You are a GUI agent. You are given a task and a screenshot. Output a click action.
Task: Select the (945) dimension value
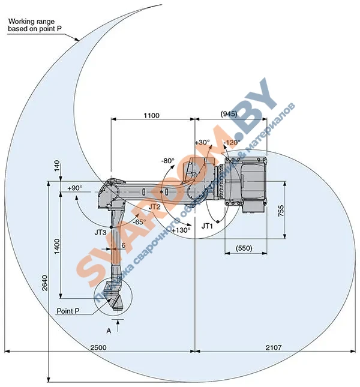point(229,113)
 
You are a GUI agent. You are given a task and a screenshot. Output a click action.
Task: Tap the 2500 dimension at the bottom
point(99,347)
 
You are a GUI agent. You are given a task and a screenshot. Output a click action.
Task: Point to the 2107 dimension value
point(272,347)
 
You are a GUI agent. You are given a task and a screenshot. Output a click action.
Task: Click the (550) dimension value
point(244,248)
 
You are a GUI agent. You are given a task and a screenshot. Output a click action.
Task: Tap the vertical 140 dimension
point(57,166)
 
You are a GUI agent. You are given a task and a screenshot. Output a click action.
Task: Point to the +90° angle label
point(75,188)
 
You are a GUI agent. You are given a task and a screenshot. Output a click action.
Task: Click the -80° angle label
point(167,160)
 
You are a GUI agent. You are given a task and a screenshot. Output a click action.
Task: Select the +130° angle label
point(181,230)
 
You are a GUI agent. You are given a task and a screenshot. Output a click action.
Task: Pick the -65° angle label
point(139,221)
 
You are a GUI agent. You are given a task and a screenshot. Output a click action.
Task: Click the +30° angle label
point(202,142)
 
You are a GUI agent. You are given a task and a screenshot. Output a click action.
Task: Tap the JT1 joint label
point(208,226)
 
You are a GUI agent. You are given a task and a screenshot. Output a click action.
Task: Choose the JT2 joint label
point(154,206)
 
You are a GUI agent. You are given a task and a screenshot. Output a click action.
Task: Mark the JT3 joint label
point(100,230)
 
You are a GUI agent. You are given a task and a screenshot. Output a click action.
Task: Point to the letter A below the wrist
point(109,331)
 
